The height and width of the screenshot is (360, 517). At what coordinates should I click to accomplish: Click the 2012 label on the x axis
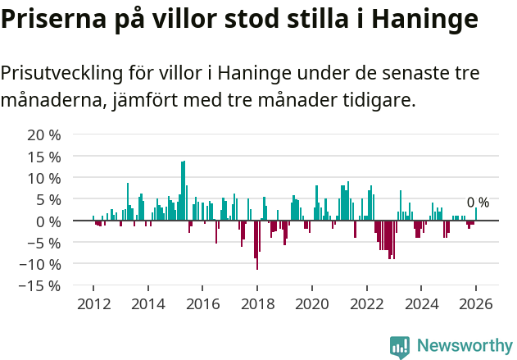[x=93, y=303]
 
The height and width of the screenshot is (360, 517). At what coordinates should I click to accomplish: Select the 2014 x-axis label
[x=147, y=303]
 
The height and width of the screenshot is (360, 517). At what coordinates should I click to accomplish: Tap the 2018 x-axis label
[x=256, y=303]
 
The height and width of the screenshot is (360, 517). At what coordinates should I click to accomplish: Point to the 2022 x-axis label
[x=366, y=303]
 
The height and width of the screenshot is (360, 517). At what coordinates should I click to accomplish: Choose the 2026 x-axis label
[x=475, y=303]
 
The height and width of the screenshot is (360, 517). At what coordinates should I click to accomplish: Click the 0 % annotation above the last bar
[x=478, y=203]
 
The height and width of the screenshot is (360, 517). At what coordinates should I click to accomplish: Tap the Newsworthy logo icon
[x=400, y=346]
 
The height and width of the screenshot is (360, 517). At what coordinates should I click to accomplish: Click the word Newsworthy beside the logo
[x=465, y=346]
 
